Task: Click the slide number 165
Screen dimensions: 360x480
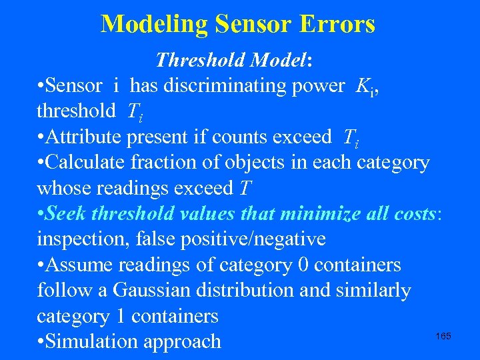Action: click(443, 336)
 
